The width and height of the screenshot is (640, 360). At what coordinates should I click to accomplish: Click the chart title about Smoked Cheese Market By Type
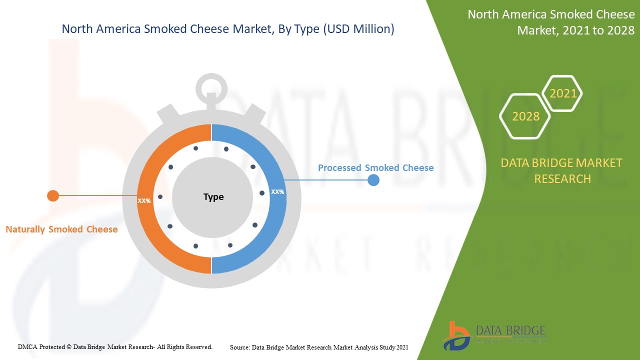(227, 29)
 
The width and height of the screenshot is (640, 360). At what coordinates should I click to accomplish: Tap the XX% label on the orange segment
(144, 200)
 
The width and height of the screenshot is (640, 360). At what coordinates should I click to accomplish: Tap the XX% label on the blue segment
(277, 191)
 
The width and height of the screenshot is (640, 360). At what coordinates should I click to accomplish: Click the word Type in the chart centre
(213, 197)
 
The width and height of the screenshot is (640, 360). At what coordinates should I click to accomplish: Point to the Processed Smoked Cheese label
(375, 168)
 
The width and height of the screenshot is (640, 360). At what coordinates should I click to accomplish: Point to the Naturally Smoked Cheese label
(61, 229)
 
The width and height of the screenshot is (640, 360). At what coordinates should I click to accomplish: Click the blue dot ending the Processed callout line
(373, 180)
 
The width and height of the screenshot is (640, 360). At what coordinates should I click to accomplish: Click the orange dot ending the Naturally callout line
(53, 195)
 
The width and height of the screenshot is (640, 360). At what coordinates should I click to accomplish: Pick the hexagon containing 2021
(563, 93)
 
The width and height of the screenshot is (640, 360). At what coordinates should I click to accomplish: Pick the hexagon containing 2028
(525, 116)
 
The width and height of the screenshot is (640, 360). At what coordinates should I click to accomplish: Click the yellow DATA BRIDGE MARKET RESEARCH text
(562, 170)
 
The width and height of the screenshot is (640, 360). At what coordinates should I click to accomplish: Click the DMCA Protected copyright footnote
(115, 346)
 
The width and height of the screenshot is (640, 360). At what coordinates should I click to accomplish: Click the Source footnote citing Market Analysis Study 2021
(319, 347)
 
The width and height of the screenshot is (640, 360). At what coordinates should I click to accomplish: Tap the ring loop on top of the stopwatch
(211, 88)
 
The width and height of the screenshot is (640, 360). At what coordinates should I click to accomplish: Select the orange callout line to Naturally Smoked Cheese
(95, 195)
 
